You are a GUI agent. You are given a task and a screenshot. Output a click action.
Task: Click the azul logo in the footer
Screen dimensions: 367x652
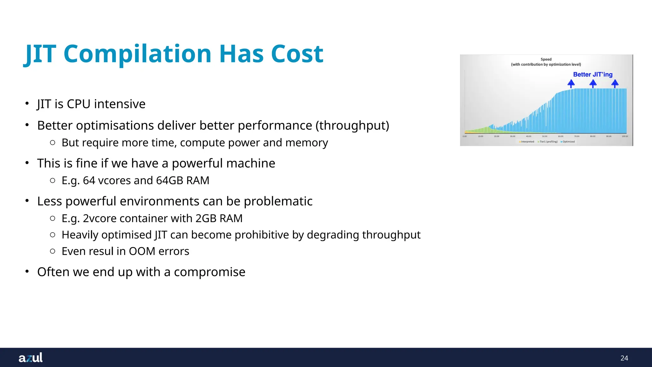[31, 357]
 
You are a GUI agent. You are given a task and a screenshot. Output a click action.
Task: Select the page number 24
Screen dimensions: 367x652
[624, 358]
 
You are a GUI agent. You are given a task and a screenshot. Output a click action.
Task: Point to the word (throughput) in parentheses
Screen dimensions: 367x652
[352, 126]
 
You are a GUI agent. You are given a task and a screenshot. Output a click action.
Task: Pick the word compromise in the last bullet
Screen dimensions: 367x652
[209, 272]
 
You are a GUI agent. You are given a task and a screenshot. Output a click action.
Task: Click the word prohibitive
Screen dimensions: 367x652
[262, 235]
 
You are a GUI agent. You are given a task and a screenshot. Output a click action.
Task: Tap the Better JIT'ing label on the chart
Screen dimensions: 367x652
[592, 75]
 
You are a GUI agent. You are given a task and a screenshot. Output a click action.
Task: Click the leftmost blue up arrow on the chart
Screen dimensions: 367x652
[571, 84]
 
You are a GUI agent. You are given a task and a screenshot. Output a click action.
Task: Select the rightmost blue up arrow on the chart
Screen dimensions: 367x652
[615, 84]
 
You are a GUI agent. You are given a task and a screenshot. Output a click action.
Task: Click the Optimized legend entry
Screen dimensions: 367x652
[568, 142]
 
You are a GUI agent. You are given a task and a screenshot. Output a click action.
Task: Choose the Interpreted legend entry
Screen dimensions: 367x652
[527, 142]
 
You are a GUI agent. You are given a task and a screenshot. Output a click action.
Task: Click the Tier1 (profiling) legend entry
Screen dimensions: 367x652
[548, 142]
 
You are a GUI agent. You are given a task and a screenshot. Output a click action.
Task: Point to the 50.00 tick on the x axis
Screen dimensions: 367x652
[544, 136]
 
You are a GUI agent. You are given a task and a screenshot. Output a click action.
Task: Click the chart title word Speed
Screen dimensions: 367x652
[546, 59]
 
